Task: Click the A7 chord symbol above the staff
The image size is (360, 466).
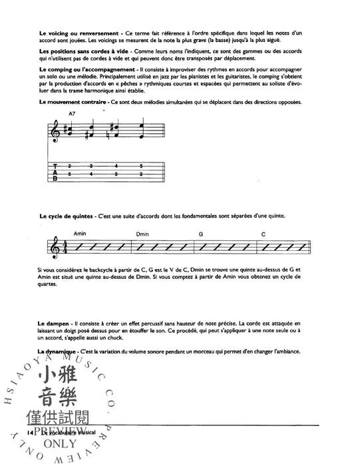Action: pos(73,115)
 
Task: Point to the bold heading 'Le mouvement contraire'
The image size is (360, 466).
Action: pos(73,101)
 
